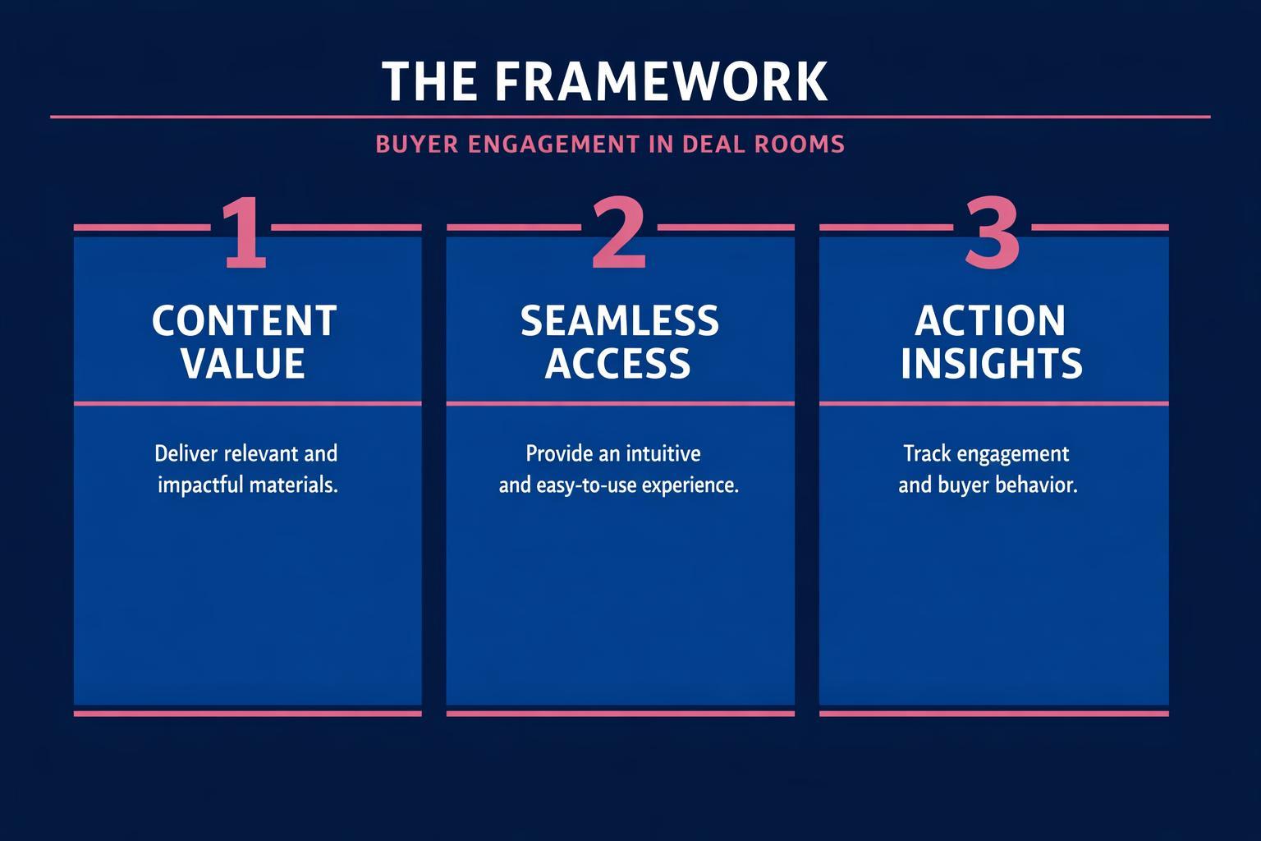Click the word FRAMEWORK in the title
coord(662,81)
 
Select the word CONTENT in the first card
coord(245,321)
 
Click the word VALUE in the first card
coord(244,364)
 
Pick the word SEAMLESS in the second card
coord(620,321)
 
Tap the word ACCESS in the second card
coord(618,364)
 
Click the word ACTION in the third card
coord(991,321)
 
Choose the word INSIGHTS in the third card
coord(992,364)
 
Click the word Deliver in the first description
coord(182,453)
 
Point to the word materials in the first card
coord(293,485)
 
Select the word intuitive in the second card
coord(663,453)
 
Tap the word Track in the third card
coord(924,453)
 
